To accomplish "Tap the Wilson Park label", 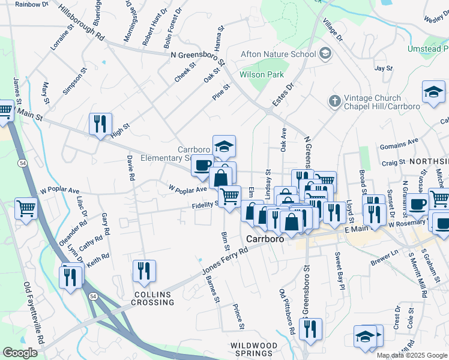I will click(261, 75).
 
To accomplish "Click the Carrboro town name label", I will click(265, 239).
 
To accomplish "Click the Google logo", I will click(20, 353).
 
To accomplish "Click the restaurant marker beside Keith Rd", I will click(71, 277).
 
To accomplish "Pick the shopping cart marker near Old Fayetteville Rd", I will click(26, 209).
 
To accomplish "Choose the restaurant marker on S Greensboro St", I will click(310, 328).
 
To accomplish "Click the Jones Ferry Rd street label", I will click(226, 262).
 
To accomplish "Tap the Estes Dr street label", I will click(283, 95).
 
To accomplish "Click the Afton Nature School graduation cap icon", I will click(325, 54).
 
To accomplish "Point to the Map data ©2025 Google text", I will click(412, 355).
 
